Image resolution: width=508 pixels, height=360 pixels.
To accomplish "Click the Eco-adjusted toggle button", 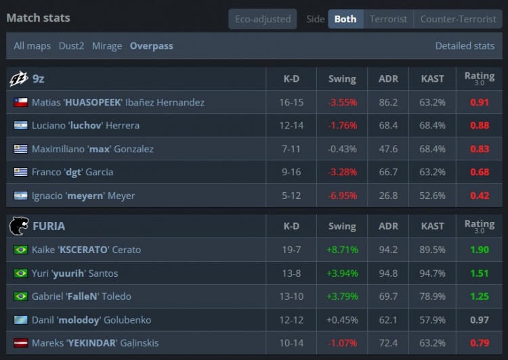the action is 263,19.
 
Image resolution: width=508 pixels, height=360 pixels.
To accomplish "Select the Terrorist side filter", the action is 388,19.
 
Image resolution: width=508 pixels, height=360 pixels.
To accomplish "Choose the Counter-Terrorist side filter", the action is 458,19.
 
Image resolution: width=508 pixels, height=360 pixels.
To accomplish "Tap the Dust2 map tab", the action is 71,46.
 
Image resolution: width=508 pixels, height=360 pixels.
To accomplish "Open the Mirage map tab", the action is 107,46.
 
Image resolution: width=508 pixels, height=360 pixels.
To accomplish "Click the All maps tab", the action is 32,46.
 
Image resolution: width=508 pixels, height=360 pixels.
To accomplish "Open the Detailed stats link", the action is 465,46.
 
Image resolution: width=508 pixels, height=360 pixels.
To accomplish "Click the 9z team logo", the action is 19,78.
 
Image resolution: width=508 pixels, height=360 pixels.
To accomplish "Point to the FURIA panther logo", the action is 19,225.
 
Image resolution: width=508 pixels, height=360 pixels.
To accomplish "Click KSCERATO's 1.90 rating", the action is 479,250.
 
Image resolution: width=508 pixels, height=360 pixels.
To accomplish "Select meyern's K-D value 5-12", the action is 291,196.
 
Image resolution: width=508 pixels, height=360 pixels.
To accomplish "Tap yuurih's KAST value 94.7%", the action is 432,273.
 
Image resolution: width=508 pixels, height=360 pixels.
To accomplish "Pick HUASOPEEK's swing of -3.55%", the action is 342,102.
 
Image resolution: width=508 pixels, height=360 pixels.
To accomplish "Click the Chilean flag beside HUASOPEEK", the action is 21,102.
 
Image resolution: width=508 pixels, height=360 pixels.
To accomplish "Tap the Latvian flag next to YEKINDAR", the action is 21,343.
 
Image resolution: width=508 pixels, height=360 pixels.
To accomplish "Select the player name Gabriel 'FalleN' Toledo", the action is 81,296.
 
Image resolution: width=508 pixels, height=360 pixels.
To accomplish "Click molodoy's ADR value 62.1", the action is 388,320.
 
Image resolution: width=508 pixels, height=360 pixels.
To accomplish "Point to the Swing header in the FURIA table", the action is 342,226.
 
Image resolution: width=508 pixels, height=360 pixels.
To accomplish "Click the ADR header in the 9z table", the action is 388,78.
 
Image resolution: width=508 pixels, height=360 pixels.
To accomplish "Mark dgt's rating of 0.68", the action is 480,172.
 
